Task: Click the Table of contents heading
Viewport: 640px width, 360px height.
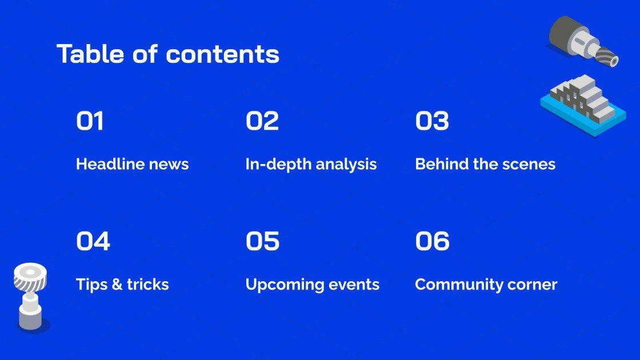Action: (x=168, y=54)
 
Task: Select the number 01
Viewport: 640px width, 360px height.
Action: (x=90, y=121)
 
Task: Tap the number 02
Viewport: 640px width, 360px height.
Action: (x=262, y=121)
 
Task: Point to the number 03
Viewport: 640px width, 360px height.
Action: (x=432, y=121)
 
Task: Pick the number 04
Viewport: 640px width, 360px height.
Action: (x=93, y=241)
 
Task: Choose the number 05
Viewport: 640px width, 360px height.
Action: (x=262, y=241)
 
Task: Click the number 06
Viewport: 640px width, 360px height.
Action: (x=432, y=241)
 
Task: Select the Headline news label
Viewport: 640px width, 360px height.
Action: (x=132, y=164)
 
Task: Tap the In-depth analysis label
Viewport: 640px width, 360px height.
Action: (x=311, y=165)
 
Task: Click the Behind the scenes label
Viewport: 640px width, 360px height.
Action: (x=485, y=164)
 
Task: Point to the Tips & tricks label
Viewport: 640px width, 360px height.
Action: (x=122, y=285)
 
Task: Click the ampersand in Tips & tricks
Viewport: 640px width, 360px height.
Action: (x=117, y=285)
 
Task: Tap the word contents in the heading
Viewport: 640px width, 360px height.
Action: (x=223, y=55)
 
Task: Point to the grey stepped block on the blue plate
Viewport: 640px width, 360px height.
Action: (x=582, y=98)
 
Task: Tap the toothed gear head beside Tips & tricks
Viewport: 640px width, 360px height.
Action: (x=30, y=277)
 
